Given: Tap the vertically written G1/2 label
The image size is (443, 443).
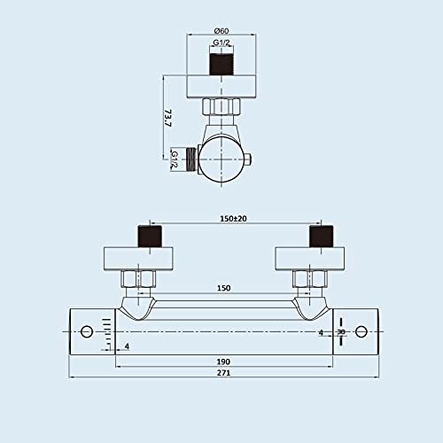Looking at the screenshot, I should [x=175, y=160].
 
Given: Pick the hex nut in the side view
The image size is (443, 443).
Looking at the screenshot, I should [x=221, y=108].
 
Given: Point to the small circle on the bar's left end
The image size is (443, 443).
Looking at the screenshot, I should [x=87, y=332].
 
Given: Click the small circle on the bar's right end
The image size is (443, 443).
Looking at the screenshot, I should [x=361, y=332].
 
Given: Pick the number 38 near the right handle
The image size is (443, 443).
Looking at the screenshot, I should [x=340, y=332].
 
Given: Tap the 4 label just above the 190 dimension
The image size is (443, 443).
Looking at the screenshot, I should [x=127, y=346].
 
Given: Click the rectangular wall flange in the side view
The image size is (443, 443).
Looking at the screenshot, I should [x=221, y=87].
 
